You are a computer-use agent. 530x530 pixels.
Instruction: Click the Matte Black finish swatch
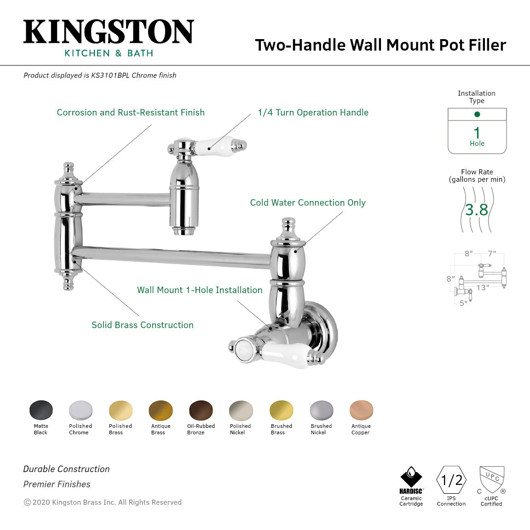click(41, 410)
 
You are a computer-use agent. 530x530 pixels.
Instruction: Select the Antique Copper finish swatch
click(361, 410)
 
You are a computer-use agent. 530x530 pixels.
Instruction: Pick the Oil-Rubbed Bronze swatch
click(201, 410)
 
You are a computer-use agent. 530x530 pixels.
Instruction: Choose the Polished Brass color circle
click(121, 410)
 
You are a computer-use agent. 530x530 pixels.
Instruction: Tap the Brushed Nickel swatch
click(321, 410)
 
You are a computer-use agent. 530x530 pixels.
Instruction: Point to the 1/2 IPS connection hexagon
click(451, 480)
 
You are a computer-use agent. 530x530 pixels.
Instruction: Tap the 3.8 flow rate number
click(477, 210)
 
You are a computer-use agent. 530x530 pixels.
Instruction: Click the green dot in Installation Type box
click(477, 114)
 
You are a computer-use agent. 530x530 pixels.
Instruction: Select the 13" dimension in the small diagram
click(483, 288)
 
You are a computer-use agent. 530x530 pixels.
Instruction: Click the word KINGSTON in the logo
click(109, 32)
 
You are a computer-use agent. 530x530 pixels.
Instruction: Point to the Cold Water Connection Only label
click(308, 202)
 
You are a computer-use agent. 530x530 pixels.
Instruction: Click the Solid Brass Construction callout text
click(143, 325)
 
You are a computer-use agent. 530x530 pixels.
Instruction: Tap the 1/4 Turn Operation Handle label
click(313, 112)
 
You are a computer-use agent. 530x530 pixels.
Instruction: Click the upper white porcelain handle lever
click(212, 148)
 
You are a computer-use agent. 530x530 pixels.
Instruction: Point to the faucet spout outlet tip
click(184, 231)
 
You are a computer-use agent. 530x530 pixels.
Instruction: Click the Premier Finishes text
click(57, 484)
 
